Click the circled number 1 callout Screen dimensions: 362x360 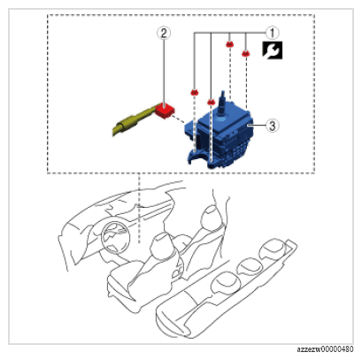pos(272,33)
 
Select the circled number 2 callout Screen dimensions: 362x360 pos(164,33)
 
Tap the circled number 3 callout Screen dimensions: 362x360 pos(272,126)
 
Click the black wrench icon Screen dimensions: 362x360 pos(273,50)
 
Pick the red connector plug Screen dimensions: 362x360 pos(165,111)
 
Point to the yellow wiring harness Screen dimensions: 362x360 pos(135,122)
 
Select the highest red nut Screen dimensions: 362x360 pos(229,44)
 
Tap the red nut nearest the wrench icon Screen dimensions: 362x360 pos(246,54)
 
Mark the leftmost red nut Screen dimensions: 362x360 pos(194,92)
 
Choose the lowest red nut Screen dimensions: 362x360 pos(211,102)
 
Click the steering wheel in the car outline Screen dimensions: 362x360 pos(115,236)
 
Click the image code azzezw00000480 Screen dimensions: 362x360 pos(325,349)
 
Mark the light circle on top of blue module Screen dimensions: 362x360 pos(221,119)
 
